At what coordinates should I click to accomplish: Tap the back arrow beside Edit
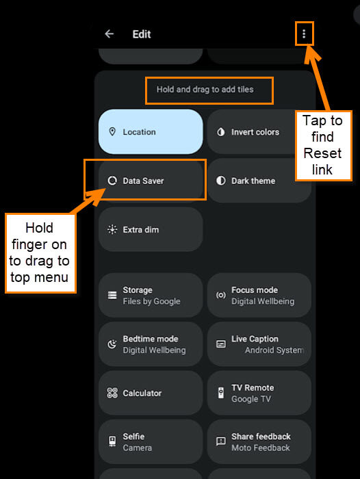coord(109,34)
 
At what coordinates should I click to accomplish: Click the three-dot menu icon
coord(304,34)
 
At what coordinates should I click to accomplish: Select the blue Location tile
coord(151,131)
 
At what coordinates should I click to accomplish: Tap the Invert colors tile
coord(254,131)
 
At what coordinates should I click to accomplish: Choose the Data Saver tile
coord(151,181)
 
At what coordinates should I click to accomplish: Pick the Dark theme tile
coord(259,181)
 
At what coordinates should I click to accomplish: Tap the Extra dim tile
coord(151,229)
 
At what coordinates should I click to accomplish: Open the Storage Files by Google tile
coord(151,295)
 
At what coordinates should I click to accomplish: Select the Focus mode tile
coord(259,295)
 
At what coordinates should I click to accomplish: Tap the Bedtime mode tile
coord(151,344)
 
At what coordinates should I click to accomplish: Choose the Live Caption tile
coord(259,344)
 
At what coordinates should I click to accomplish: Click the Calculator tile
coord(151,393)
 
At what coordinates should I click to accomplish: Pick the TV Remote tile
coord(259,393)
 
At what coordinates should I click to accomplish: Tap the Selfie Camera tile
coord(151,442)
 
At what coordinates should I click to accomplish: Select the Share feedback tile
coord(259,442)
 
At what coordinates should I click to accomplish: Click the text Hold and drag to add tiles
coord(205,90)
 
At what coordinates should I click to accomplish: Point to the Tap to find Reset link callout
coord(324,145)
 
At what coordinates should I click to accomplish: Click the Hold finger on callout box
coord(40,253)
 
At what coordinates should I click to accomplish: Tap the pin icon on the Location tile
coord(112,131)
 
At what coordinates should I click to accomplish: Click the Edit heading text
coord(142,34)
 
